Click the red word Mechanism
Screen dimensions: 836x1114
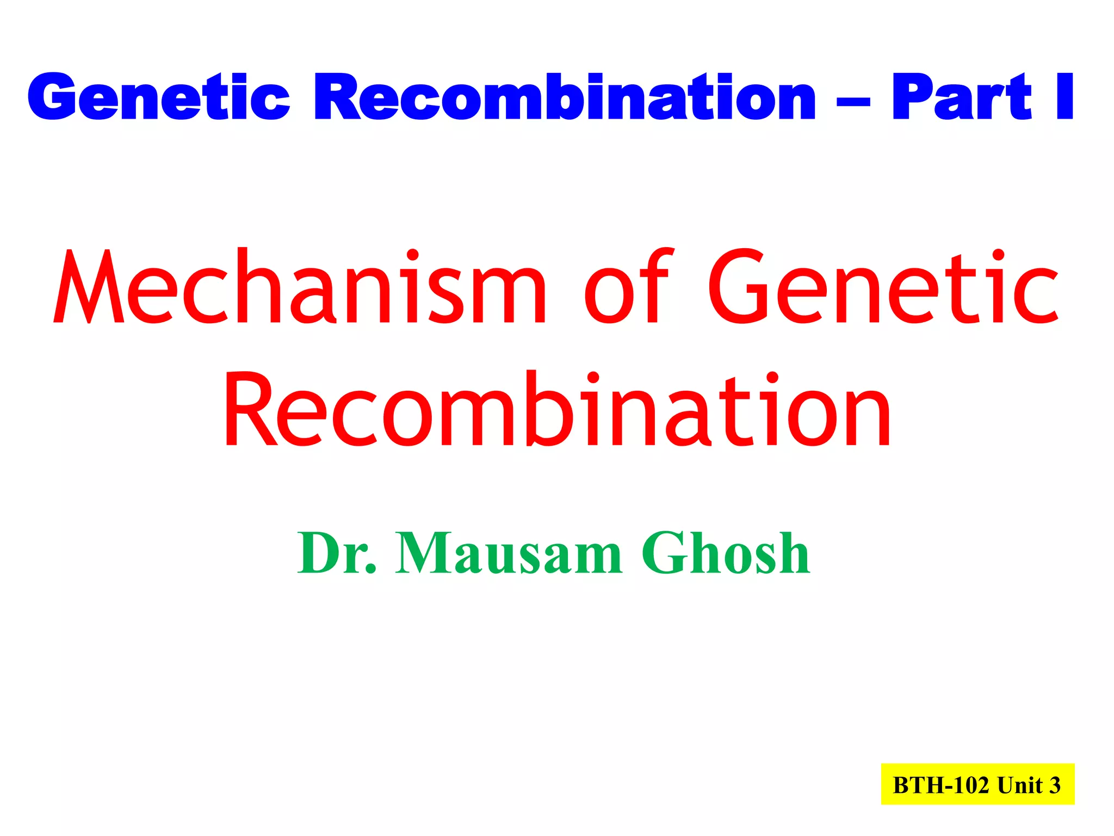[300, 287]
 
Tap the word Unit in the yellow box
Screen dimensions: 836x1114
[1020, 785]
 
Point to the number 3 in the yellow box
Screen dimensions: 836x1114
[1055, 785]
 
